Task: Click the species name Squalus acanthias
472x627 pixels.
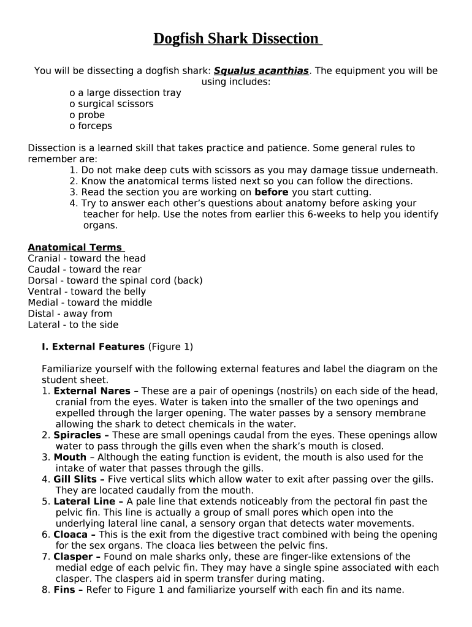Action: [261, 71]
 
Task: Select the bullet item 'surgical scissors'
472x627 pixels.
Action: [115, 104]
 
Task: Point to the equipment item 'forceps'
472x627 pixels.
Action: [94, 126]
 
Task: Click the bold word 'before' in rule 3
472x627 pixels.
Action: [271, 192]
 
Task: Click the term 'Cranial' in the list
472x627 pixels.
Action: [44, 258]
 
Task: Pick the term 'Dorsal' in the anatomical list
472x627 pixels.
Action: [43, 280]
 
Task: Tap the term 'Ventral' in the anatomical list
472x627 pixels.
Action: [44, 291]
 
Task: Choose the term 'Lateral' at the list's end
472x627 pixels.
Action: [44, 325]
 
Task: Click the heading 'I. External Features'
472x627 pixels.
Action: [93, 347]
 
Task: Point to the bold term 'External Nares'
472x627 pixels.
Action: [92, 391]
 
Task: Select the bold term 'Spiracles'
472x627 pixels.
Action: [78, 435]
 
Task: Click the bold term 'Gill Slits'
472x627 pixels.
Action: [76, 479]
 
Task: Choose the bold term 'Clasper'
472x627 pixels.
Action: [74, 557]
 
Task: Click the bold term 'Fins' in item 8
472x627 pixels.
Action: [65, 590]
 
